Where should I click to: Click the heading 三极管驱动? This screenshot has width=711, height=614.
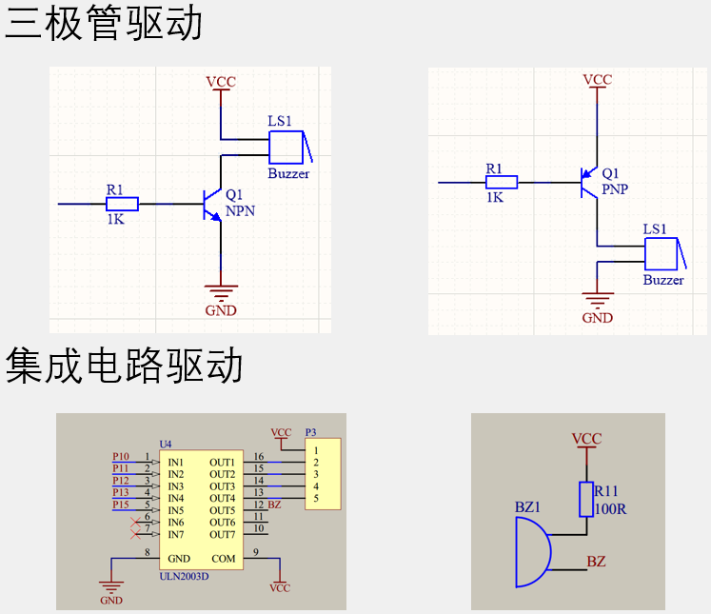tap(104, 24)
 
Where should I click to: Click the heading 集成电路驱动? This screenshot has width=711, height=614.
tap(125, 366)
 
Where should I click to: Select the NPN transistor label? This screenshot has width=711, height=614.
tap(241, 211)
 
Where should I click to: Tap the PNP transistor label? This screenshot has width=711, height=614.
tap(615, 189)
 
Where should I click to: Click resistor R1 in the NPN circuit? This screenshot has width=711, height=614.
tap(122, 203)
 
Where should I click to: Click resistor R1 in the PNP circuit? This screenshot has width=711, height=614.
tap(501, 182)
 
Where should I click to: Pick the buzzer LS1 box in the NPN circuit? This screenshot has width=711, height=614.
tap(286, 148)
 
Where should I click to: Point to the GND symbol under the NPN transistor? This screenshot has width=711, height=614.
tap(221, 290)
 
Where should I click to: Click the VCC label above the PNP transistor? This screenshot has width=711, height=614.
tap(598, 80)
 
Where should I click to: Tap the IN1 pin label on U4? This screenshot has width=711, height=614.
tap(176, 462)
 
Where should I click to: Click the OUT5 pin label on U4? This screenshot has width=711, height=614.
tap(222, 510)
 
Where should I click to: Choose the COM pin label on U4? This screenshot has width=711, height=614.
tap(223, 559)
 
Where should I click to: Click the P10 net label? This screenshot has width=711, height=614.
tap(121, 457)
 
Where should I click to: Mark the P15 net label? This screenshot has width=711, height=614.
tap(121, 505)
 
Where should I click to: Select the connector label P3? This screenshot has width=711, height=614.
tap(310, 431)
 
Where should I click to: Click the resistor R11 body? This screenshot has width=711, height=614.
tap(586, 499)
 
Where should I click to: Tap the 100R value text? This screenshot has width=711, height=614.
tap(610, 509)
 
